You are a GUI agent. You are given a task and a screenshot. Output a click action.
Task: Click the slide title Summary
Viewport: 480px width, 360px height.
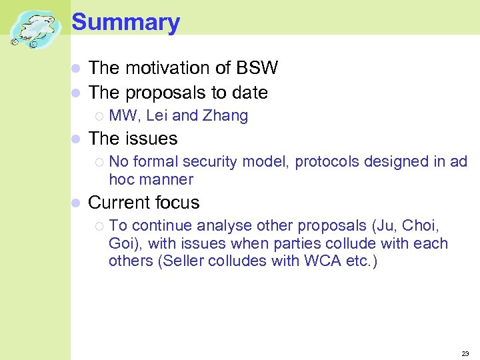tap(125, 23)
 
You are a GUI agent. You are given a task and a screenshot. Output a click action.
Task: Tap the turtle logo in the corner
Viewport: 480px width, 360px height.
tap(35, 30)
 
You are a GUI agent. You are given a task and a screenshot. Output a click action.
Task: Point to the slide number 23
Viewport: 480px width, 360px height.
tap(465, 353)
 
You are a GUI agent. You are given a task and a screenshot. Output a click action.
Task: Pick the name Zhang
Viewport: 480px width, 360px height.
tap(225, 116)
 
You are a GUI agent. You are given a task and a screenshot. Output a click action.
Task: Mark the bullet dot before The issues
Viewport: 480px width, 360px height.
tap(76, 139)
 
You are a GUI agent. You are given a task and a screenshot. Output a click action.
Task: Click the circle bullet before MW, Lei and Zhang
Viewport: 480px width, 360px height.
tap(99, 117)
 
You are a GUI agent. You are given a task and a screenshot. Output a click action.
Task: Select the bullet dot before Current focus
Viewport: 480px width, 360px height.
tap(76, 203)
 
